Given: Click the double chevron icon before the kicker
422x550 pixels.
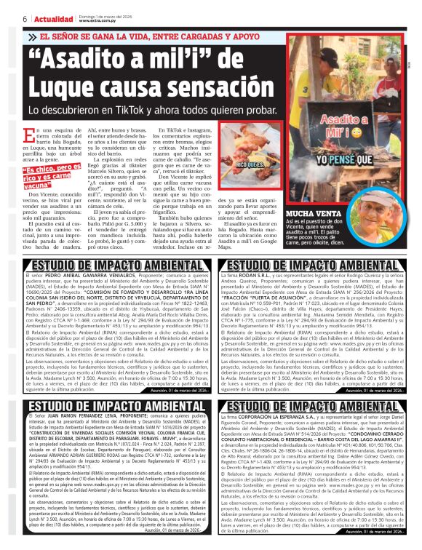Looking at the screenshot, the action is (31, 37).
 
